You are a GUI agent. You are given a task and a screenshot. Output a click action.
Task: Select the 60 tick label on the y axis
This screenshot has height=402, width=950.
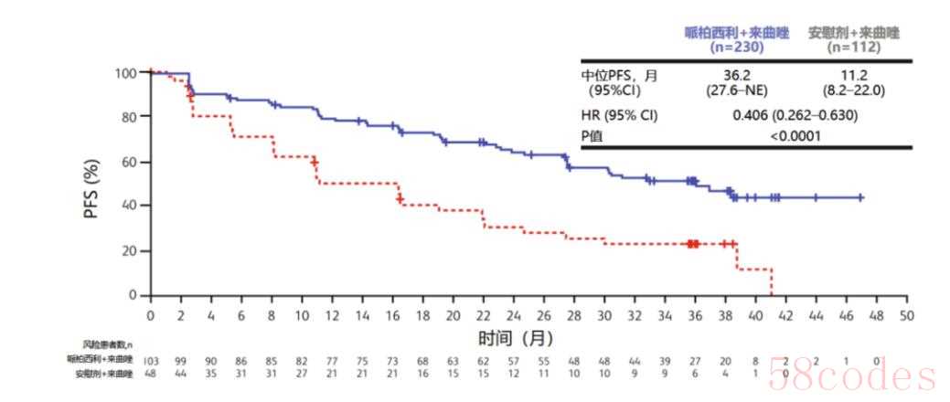[127, 162]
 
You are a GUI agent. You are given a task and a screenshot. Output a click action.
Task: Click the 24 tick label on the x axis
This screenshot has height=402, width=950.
[513, 315]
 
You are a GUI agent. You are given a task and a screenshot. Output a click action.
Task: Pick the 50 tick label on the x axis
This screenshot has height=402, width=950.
[906, 315]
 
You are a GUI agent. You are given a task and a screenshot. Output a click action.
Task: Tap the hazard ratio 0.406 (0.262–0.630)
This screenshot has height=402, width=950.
[795, 116]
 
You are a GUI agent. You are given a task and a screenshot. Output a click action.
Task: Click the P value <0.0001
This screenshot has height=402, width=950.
[795, 136]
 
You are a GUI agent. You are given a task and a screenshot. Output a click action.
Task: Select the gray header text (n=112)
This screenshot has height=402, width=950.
[853, 47]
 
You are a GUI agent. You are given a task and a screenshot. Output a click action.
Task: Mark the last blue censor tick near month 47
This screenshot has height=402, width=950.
[860, 197]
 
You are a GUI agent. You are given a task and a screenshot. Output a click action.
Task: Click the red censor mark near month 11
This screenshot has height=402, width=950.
[315, 161]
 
